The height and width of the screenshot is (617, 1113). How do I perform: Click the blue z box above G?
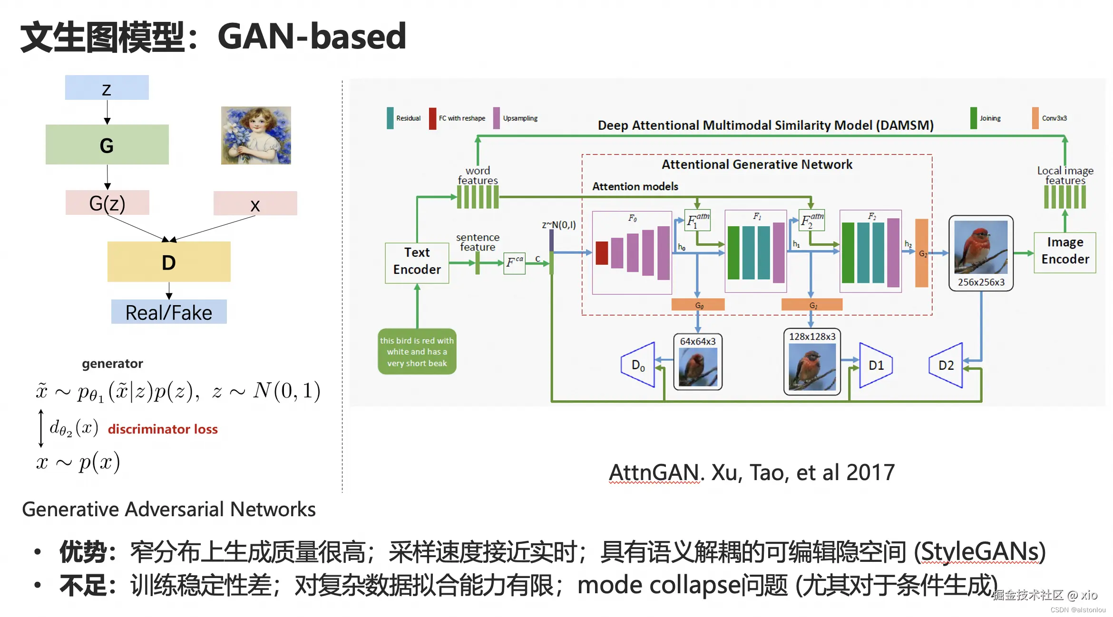pos(107,88)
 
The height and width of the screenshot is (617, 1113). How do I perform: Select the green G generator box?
pos(107,145)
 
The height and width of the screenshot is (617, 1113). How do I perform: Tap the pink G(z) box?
pos(107,203)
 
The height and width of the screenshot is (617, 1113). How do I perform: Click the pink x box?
pos(255,203)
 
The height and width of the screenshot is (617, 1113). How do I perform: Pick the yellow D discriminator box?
pos(169,262)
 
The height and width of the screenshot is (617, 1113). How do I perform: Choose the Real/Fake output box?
pos(169,312)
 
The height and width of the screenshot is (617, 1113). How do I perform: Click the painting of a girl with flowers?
pos(256,135)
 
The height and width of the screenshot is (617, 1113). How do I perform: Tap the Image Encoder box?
pos(1064,252)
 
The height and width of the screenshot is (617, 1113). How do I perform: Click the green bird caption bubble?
pos(417,352)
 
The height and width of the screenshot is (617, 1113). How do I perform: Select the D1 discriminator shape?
pos(875,365)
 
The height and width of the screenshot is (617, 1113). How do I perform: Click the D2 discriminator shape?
pos(946,365)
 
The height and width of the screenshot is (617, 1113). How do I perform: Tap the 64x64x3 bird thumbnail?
pos(698,366)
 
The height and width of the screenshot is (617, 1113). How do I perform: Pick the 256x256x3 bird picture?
pos(981,247)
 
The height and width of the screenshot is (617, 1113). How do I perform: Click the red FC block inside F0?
pos(602,253)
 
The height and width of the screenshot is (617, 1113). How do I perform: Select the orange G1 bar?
pos(811,305)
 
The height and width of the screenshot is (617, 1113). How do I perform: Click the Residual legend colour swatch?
pos(390,118)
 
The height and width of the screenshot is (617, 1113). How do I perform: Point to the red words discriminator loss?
pos(163,429)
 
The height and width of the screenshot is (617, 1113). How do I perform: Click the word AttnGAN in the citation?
pos(654,472)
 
